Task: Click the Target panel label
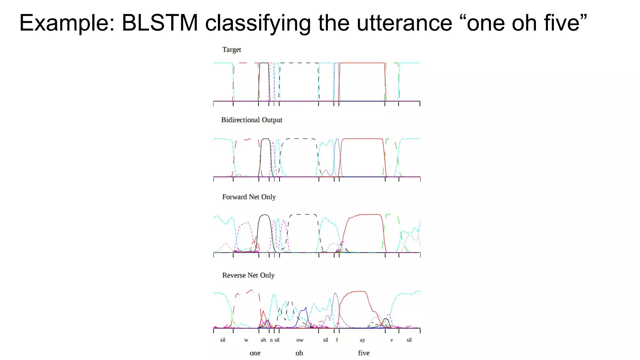[x=232, y=50]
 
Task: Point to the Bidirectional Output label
[x=252, y=120]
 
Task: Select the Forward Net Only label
[x=249, y=197]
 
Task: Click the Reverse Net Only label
[x=248, y=275]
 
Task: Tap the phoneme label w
[x=246, y=340]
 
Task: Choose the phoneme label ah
[x=263, y=340]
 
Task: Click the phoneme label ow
[x=300, y=340]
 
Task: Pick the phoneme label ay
[x=362, y=340]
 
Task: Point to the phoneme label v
[x=392, y=340]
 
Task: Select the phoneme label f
[x=337, y=340]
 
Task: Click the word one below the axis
[x=255, y=353]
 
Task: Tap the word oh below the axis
[x=299, y=353]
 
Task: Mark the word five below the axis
[x=364, y=353]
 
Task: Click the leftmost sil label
[x=223, y=340]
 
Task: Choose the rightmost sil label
[x=409, y=340]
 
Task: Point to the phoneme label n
[x=271, y=340]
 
